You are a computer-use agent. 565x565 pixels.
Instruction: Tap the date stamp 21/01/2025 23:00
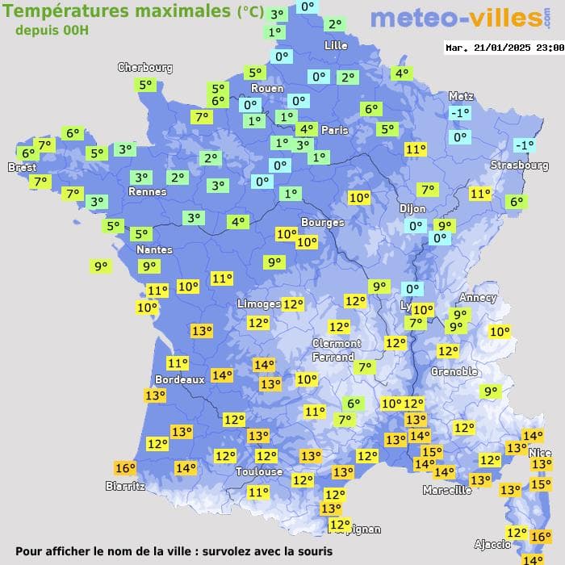pyautogui.click(x=504, y=48)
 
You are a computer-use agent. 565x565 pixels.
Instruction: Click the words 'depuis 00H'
pyautogui.click(x=52, y=30)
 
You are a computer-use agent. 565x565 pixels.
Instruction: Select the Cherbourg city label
pyautogui.click(x=145, y=68)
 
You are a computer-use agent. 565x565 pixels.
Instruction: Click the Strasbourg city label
pyautogui.click(x=520, y=165)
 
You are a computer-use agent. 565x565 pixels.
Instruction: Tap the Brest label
pyautogui.click(x=22, y=167)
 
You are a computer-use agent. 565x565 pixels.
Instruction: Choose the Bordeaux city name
pyautogui.click(x=179, y=379)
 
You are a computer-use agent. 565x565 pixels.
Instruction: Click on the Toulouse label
pyautogui.click(x=259, y=471)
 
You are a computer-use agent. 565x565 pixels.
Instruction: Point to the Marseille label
pyautogui.click(x=447, y=490)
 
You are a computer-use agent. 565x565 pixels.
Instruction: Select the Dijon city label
pyautogui.click(x=412, y=208)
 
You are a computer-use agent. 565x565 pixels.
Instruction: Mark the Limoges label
pyautogui.click(x=258, y=303)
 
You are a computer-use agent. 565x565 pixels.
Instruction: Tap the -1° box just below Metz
pyautogui.click(x=460, y=114)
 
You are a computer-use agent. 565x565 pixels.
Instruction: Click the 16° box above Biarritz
pyautogui.click(x=125, y=468)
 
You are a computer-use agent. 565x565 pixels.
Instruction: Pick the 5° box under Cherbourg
pyautogui.click(x=145, y=85)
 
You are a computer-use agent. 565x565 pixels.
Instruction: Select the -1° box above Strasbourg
pyautogui.click(x=525, y=145)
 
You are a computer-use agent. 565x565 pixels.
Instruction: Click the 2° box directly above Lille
pyautogui.click(x=334, y=25)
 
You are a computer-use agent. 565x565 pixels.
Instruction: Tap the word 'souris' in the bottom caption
pyautogui.click(x=312, y=551)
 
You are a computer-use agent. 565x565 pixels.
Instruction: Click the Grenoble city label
pyautogui.click(x=454, y=372)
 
